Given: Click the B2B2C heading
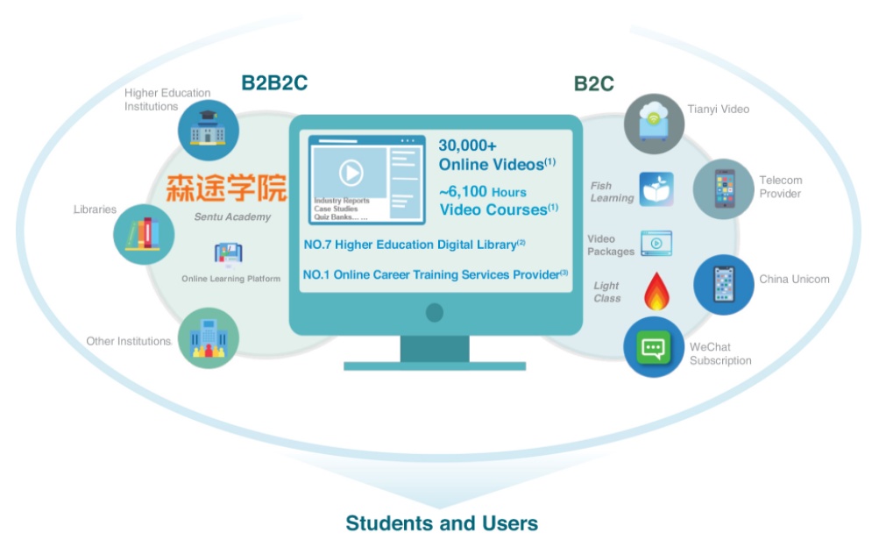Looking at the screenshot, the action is coord(274,82).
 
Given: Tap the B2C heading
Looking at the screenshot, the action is coord(593,84).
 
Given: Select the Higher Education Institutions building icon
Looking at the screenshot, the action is coord(208,130).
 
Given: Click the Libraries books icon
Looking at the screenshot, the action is coord(144,234).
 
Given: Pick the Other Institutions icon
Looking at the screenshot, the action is coord(209,338).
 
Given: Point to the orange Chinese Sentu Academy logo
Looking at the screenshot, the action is coord(226,188).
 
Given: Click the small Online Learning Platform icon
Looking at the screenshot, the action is coord(229,253).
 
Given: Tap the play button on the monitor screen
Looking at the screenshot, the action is coord(351,172).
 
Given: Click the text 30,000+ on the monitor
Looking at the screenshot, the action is coord(468,146).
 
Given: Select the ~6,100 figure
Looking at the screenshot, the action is coord(463,191).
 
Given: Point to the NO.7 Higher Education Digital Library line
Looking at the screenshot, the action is coord(414,245).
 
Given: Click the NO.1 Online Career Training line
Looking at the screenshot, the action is coord(436,274).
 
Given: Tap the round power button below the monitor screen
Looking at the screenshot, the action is coord(435,312).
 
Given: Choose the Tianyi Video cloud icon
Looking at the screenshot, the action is coord(654,124).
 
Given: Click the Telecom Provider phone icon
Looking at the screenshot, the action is coord(723,188).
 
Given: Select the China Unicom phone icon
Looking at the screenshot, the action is coord(724,284).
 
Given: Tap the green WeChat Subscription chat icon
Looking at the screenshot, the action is coord(654,347).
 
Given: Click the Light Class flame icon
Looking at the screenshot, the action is coord(656,291).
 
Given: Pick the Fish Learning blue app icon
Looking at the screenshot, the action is coord(656,189).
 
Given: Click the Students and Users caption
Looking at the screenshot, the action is coord(442,523).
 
